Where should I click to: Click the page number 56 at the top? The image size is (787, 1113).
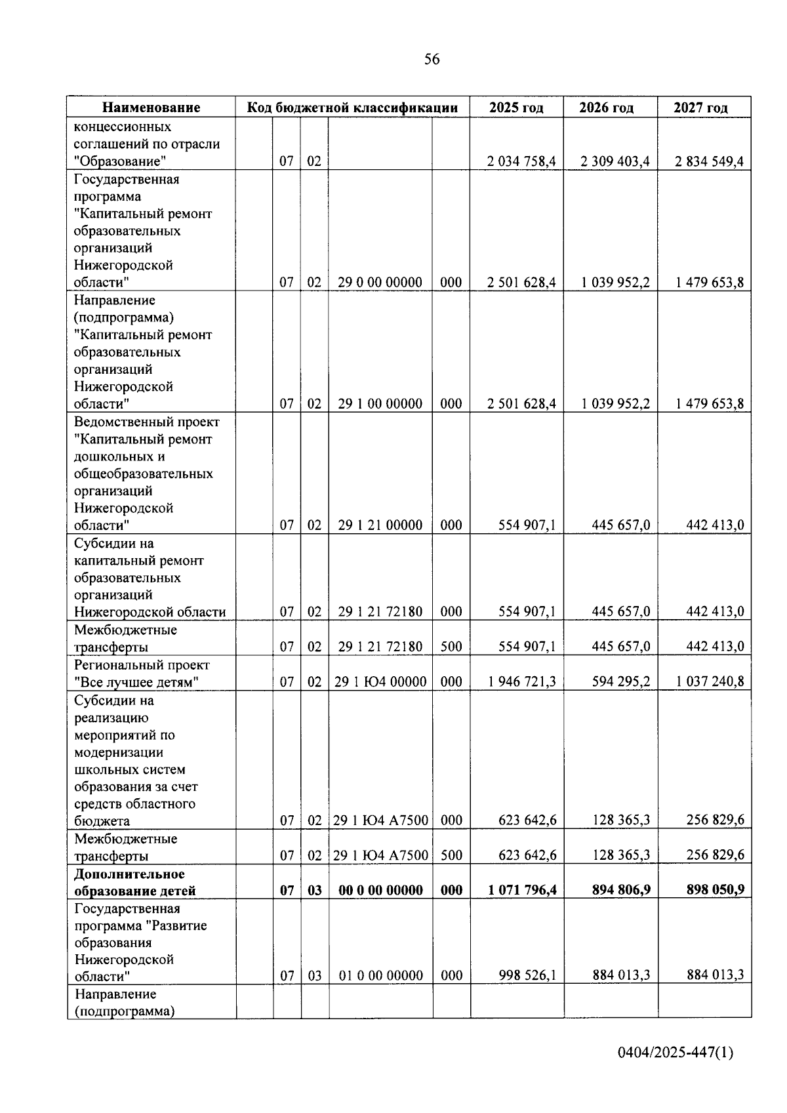point(432,60)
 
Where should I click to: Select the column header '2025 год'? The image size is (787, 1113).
point(516,108)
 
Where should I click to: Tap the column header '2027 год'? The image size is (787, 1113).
point(700,108)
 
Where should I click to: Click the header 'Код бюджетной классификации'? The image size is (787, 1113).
point(352,108)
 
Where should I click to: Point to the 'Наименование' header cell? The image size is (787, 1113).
point(151,108)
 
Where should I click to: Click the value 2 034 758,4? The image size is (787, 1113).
point(521,161)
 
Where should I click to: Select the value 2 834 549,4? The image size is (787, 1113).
point(709,161)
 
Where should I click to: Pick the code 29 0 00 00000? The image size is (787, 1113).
point(380,283)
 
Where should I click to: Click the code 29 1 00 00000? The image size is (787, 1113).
point(380,404)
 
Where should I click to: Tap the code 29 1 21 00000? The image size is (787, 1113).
point(380,525)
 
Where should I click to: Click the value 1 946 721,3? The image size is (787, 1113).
point(521,682)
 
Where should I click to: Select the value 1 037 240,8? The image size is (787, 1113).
point(710,682)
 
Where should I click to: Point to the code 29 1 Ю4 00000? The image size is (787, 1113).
point(380,682)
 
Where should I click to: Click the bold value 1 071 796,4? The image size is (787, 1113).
point(521,891)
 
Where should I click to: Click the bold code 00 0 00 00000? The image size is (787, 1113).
point(380,891)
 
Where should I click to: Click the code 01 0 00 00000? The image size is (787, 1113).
point(380,976)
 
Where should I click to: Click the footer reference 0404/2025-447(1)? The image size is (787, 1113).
point(676,1053)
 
